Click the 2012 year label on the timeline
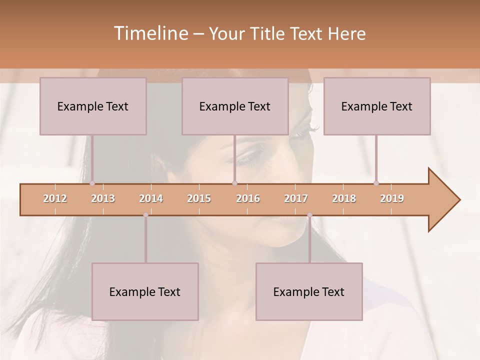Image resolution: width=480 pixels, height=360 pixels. pos(55,198)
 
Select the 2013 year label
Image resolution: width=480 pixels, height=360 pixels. pos(103,198)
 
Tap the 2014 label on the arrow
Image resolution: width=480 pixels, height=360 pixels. pos(151,198)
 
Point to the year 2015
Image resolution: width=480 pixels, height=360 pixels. pos(199,198)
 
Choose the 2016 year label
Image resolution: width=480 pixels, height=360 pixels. pos(248,198)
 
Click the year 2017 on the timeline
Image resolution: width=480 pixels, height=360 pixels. pos(296,198)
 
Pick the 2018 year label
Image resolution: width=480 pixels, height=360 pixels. pos(344,198)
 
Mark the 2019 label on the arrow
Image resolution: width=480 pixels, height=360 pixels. pos(392,198)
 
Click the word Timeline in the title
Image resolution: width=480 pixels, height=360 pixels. pos(150,33)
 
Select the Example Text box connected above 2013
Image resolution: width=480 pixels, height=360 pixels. pos(93,106)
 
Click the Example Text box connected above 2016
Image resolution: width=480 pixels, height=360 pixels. pos(235,106)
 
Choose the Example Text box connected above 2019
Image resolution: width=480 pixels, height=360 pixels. pos(377,106)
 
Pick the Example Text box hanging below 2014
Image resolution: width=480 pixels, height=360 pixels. pos(145,291)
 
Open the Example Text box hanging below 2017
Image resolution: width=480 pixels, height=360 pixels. pos(309,291)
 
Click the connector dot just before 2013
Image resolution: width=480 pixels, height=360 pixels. pos(92,183)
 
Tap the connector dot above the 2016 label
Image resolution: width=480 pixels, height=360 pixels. pos(234,183)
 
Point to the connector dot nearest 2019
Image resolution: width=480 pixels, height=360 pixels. pos(376,183)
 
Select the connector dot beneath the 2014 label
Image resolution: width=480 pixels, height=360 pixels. pos(145,215)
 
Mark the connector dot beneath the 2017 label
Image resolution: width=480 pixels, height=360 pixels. pos(309,215)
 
